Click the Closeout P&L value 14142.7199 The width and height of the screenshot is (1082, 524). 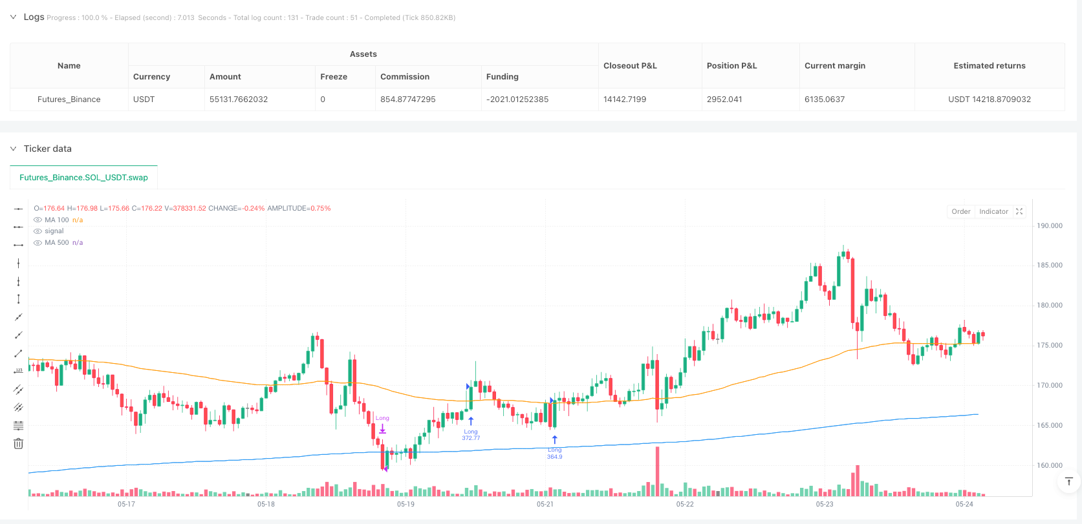625,100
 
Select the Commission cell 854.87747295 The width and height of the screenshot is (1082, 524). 407,100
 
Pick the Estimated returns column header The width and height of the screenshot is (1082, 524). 989,66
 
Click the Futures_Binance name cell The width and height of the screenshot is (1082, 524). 69,100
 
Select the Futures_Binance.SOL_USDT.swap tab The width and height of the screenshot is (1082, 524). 83,178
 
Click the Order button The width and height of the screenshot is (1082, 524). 960,212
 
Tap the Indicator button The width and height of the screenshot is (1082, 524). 993,212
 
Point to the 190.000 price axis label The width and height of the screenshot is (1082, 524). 1050,226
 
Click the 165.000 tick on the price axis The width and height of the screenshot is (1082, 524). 1050,426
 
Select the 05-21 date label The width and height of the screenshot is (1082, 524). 545,504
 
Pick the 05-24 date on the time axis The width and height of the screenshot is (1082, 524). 964,504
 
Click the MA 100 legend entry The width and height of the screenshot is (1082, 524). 57,220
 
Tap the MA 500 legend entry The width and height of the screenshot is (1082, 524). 57,243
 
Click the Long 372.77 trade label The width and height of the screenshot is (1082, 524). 471,435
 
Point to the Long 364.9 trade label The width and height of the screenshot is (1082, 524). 554,454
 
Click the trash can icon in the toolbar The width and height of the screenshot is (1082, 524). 18,443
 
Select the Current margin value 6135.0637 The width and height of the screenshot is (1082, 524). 825,100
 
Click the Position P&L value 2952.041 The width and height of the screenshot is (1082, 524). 724,100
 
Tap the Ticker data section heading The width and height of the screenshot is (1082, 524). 48,149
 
